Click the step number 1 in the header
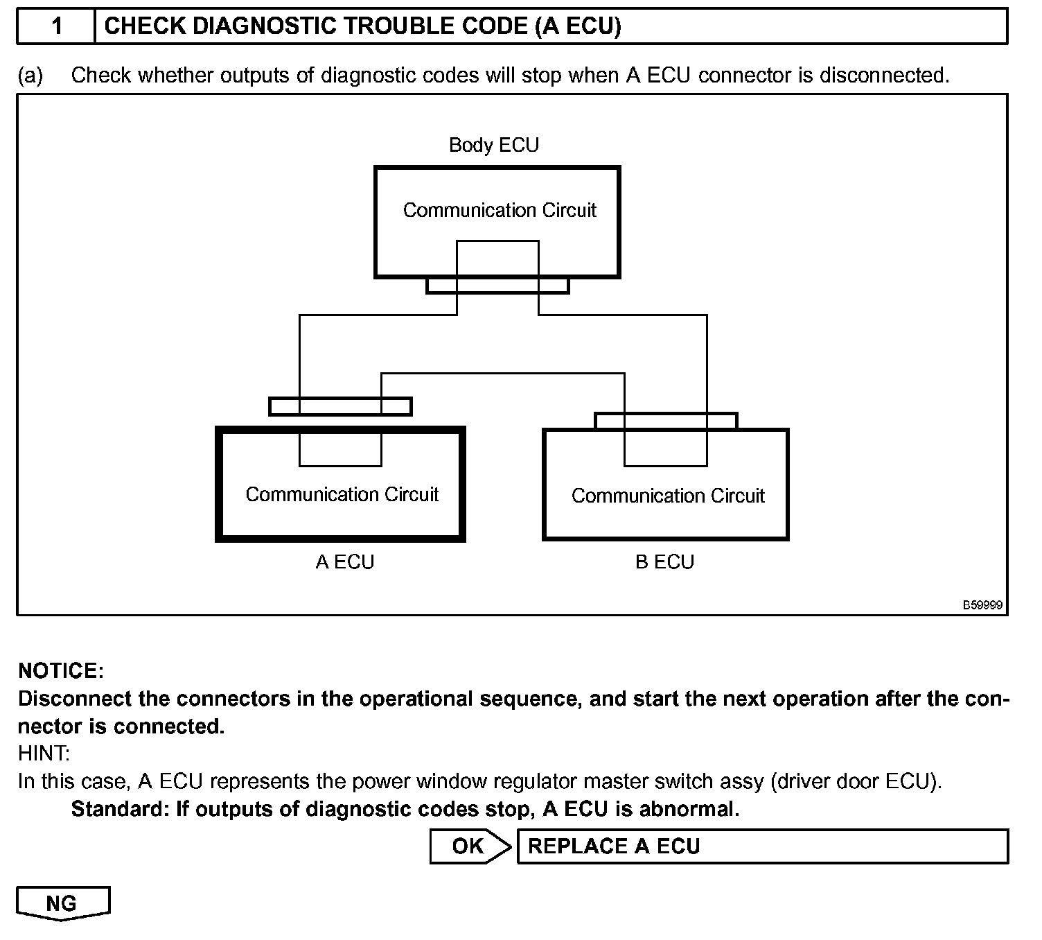(57, 26)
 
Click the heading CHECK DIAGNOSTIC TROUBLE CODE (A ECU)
(362, 26)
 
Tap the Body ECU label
(493, 145)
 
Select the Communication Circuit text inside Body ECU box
(500, 210)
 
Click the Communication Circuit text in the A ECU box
(342, 494)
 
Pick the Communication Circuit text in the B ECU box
(668, 496)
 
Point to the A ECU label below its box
(345, 562)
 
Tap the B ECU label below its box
(664, 562)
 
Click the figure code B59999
(982, 605)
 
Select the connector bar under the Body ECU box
(497, 286)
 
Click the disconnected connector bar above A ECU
(340, 406)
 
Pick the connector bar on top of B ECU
(666, 421)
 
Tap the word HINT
(44, 754)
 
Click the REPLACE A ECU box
(762, 846)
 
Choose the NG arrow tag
(62, 903)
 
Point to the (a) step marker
(30, 75)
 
